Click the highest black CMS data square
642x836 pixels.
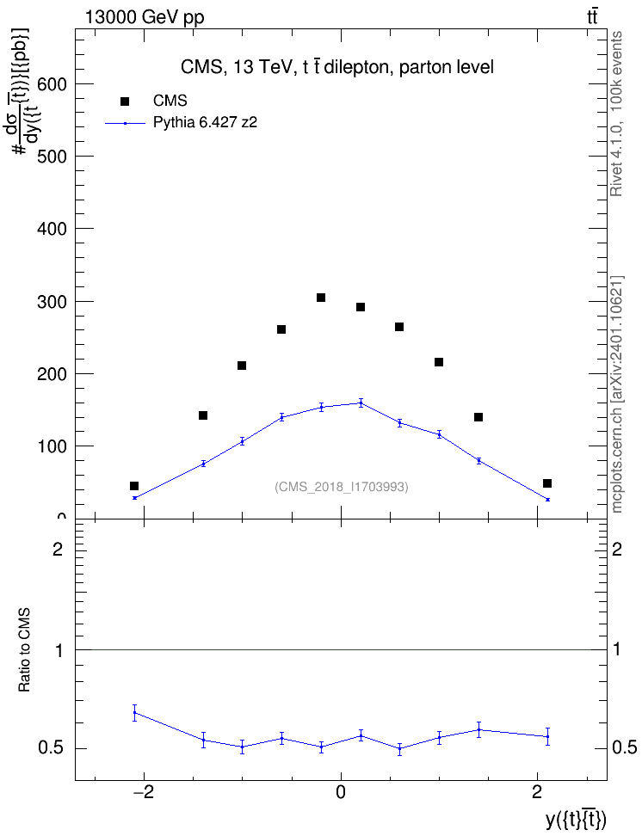pos(321,298)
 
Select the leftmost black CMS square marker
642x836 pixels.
pos(134,486)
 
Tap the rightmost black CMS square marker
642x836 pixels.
pos(547,483)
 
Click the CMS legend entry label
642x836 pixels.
pos(170,101)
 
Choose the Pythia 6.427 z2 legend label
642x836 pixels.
pos(205,123)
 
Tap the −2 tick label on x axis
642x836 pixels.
pos(143,792)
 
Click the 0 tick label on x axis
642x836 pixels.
pos(341,792)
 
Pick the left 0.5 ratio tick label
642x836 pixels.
pos(51,748)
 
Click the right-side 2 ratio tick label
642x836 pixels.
pos(617,549)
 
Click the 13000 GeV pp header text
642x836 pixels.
pos(145,17)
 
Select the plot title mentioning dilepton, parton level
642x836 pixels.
pos(337,67)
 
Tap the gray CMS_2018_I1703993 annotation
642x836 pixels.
pos(342,487)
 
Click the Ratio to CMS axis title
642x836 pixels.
pos(24,649)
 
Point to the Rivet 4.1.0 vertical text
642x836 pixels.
pos(616,114)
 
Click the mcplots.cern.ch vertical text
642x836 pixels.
pos(617,395)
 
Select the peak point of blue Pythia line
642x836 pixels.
pos(361,403)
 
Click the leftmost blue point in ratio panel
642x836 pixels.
pos(135,712)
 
